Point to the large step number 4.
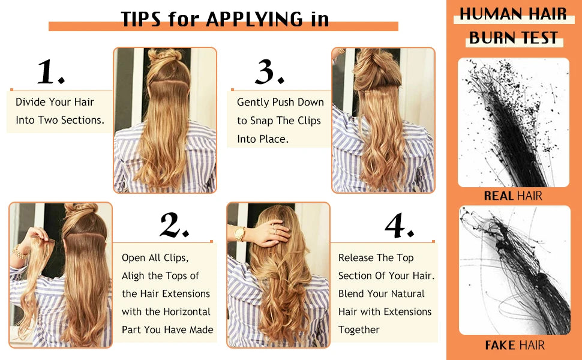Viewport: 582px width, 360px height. coord(399,226)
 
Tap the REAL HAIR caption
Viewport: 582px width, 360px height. coord(513,196)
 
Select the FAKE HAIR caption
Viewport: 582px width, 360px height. coord(514,345)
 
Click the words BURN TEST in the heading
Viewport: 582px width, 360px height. coord(513,37)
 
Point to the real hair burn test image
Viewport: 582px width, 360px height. coord(513,122)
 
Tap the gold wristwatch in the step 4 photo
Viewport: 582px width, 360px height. coord(240,233)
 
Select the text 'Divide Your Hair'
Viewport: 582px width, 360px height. coord(55,102)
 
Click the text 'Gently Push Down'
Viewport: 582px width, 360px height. coord(280,103)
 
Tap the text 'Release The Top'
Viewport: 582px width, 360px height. coord(376,258)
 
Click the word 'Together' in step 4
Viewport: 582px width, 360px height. coord(359,330)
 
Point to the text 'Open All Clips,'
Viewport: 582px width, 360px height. coord(155,258)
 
